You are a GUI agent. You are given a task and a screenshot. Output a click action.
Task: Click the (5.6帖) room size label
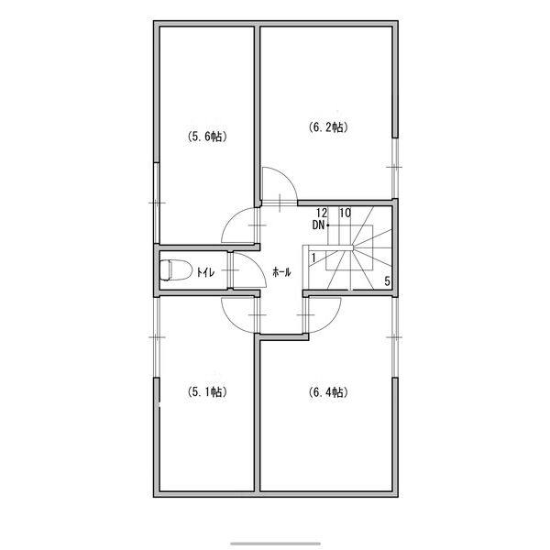(207, 136)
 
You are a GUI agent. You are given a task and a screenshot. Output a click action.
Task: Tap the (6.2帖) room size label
(328, 127)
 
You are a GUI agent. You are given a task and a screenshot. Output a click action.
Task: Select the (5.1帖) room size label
(207, 391)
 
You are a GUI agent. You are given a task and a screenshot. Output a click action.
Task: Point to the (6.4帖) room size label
(328, 391)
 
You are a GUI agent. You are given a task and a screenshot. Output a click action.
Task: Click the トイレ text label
(205, 272)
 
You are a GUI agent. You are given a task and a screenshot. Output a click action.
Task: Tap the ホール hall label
(281, 272)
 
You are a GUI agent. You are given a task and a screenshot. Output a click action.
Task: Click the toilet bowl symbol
(176, 270)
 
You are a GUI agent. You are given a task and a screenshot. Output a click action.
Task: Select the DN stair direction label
(318, 225)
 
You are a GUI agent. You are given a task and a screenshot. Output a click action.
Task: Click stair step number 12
(322, 213)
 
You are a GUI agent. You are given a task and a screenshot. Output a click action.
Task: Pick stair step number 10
(346, 213)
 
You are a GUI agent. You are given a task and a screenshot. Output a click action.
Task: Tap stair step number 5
(387, 281)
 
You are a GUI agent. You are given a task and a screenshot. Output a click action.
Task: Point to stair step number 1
(313, 258)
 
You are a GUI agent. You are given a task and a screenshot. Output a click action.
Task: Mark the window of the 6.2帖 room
(395, 168)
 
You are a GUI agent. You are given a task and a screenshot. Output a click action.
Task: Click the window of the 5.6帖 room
(157, 203)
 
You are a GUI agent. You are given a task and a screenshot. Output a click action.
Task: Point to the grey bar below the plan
(275, 544)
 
